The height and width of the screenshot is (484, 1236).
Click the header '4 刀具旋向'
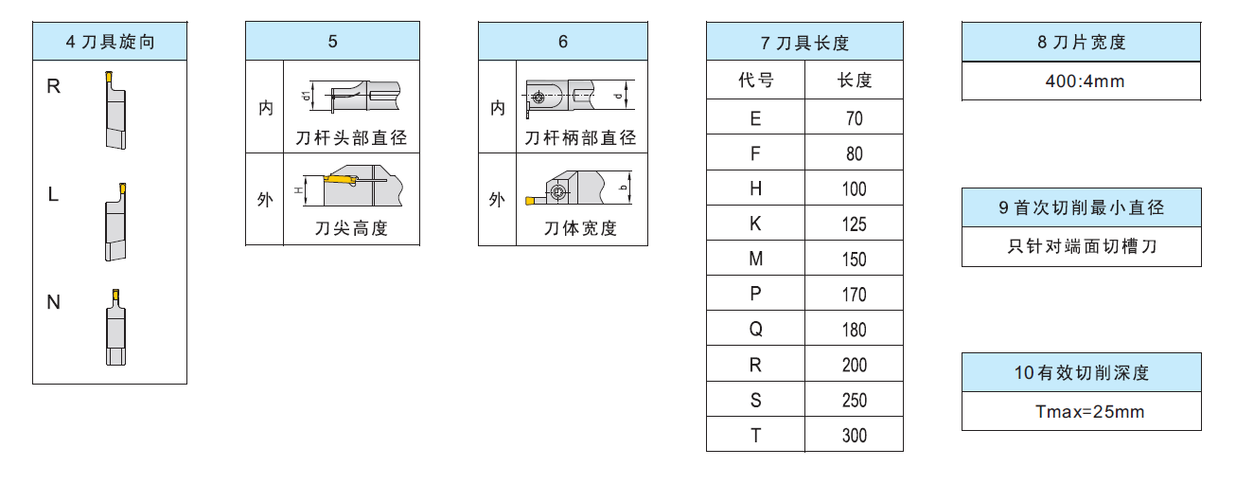click(110, 42)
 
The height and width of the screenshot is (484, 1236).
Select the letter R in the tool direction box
click(53, 86)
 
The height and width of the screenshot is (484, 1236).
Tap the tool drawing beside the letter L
click(115, 223)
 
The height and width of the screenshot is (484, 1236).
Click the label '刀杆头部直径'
click(351, 138)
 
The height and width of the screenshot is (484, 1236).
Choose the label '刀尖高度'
click(351, 228)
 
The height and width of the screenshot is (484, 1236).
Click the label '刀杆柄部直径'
click(581, 138)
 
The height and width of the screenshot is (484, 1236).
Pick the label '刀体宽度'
click(580, 228)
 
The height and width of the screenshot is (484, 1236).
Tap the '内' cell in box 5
click(266, 108)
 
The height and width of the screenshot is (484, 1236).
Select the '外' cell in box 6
click(497, 200)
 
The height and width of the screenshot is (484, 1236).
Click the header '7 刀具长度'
click(804, 43)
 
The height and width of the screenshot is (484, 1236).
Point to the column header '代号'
click(755, 81)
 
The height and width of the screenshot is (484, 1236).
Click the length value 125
click(854, 224)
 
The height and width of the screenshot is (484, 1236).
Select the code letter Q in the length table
click(755, 330)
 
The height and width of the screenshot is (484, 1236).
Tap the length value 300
click(854, 436)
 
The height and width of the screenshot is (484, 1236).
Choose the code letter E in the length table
click(755, 119)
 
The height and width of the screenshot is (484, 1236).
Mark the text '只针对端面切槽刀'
click(1082, 247)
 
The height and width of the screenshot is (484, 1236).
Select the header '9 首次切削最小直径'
click(1081, 207)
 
